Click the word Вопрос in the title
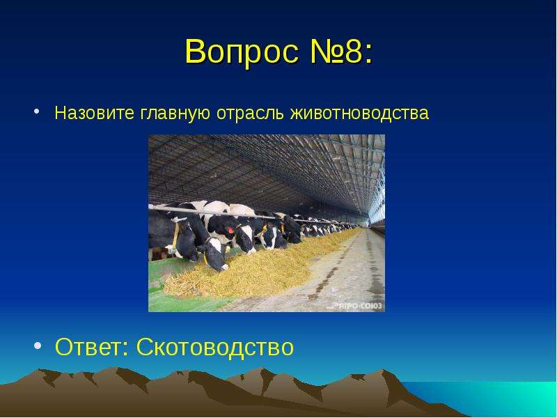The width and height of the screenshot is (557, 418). (x=242, y=52)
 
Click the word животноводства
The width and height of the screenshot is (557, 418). (x=359, y=114)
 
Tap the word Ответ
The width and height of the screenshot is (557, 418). (x=88, y=347)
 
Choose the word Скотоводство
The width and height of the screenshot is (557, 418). (x=215, y=347)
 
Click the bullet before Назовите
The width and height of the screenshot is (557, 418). (x=36, y=111)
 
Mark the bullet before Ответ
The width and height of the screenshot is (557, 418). (x=38, y=346)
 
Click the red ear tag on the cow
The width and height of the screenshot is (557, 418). (x=230, y=231)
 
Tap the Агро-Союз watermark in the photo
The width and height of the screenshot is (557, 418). (x=359, y=306)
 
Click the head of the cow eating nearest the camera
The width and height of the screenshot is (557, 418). (x=214, y=254)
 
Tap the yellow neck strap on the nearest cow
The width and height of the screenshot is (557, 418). (x=175, y=236)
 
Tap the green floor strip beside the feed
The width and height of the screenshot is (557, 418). (x=185, y=302)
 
